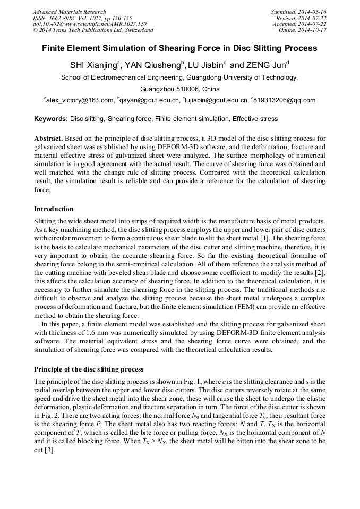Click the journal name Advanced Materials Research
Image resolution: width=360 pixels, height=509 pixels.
(70, 12)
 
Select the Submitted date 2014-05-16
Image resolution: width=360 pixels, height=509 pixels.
(299, 12)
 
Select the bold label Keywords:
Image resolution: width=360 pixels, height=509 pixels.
(51, 119)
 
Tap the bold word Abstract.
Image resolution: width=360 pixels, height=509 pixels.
(49, 138)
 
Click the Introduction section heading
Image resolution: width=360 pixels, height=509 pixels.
(54, 209)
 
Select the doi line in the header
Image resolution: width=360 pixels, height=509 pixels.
(89, 24)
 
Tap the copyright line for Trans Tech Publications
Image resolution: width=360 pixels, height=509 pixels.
(93, 30)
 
